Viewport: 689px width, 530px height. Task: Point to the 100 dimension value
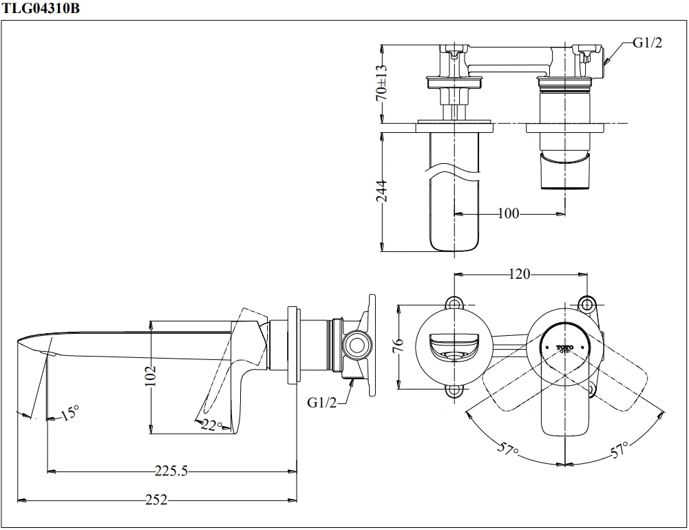(508, 213)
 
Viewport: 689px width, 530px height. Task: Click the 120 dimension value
(519, 274)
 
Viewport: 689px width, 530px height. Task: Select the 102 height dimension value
(151, 378)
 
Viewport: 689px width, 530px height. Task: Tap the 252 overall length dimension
(156, 500)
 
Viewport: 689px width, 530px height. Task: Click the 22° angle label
(213, 425)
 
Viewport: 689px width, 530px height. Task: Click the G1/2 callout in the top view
(647, 43)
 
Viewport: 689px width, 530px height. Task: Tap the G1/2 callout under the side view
(322, 403)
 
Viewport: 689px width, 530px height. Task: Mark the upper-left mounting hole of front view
(454, 303)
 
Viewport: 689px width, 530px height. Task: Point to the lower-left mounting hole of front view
(454, 390)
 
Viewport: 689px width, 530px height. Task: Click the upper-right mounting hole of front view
(586, 303)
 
